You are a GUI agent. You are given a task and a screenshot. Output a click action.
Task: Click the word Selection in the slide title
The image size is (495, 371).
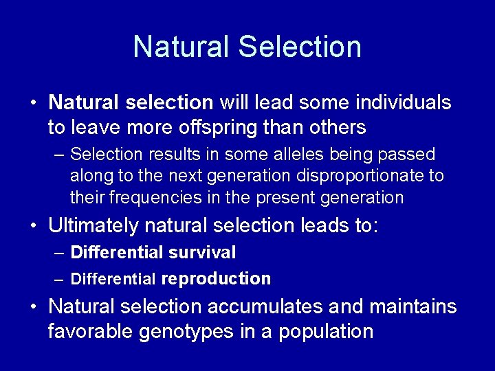click(x=299, y=47)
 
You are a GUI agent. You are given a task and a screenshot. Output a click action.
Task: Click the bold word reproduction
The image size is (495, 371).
click(x=216, y=278)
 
